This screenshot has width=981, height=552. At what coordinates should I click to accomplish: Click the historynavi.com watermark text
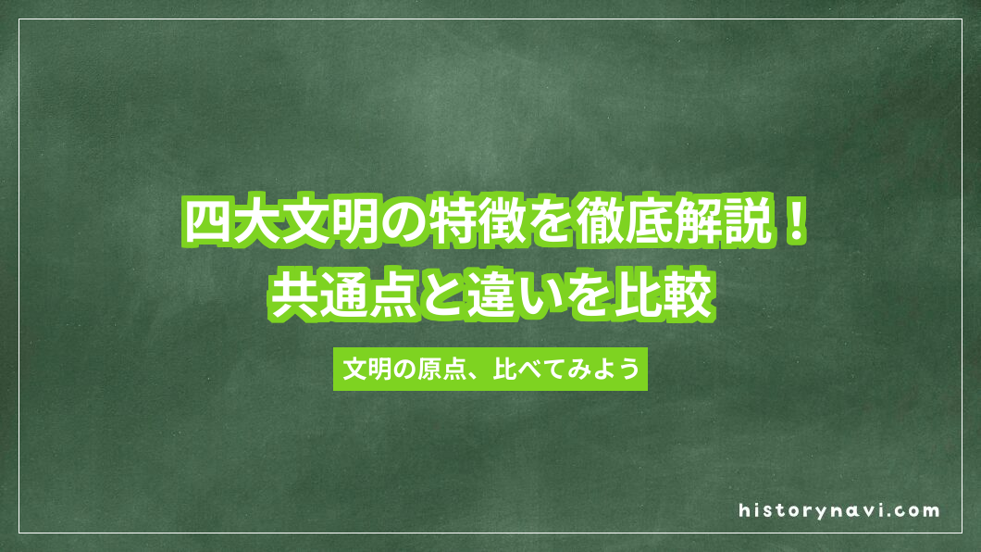coord(839,510)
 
